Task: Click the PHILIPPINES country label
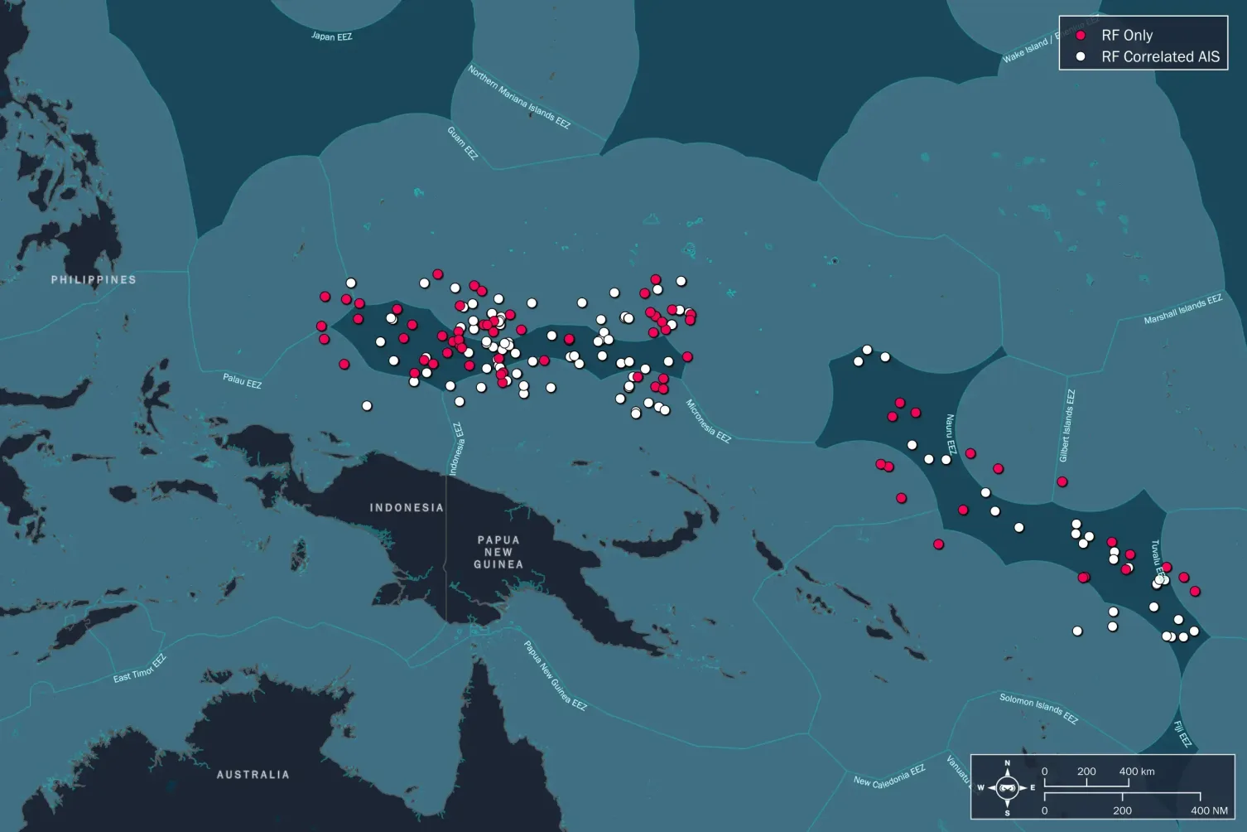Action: click(x=94, y=280)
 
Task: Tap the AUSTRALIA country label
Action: click(x=253, y=775)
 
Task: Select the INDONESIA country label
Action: click(x=407, y=508)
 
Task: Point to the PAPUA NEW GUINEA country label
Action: click(x=498, y=552)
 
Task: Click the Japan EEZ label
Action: click(x=332, y=36)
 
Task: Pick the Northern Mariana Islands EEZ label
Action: click(x=519, y=97)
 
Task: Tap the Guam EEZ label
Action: click(x=463, y=143)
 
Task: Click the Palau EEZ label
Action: click(x=242, y=380)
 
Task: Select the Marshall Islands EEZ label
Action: click(x=1182, y=309)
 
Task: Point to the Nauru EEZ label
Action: click(x=951, y=434)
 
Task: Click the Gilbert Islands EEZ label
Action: click(x=1067, y=425)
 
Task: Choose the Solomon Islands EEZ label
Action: click(x=1038, y=709)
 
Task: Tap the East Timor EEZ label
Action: click(x=140, y=669)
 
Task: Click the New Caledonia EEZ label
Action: click(x=889, y=776)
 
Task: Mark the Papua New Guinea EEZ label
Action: click(x=555, y=675)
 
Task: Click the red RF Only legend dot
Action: click(x=1081, y=36)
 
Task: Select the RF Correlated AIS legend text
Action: click(x=1160, y=57)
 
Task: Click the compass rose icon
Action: click(x=1008, y=787)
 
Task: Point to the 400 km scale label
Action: click(x=1137, y=772)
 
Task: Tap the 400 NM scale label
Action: click(x=1209, y=810)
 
